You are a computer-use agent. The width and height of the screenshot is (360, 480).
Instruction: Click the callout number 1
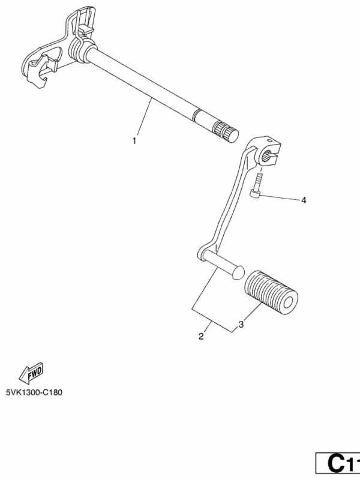tap(134, 141)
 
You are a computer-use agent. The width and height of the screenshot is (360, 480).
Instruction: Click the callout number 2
tap(201, 337)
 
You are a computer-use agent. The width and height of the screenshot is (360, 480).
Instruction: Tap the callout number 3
tap(241, 325)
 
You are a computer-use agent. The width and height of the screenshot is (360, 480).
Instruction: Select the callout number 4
tap(303, 200)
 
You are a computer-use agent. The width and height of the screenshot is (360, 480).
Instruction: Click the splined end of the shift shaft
tap(227, 128)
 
